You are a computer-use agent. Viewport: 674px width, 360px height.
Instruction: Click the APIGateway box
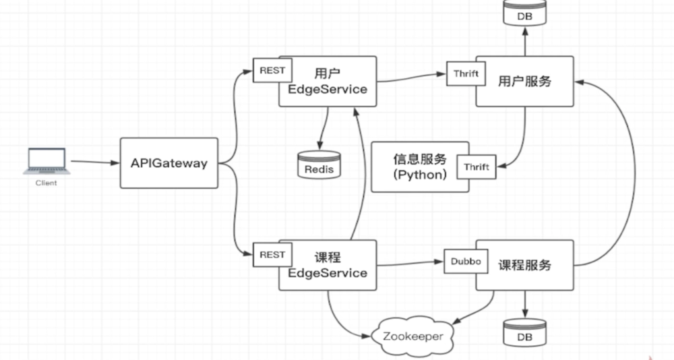tap(169, 163)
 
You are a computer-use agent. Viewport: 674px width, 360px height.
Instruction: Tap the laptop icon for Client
tap(47, 162)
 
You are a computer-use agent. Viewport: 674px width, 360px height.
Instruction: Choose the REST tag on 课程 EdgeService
tap(272, 255)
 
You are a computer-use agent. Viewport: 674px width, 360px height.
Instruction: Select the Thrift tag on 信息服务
tap(476, 166)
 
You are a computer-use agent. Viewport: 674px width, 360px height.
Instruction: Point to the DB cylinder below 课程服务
tap(525, 332)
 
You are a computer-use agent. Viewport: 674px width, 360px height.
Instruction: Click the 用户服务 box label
tap(525, 81)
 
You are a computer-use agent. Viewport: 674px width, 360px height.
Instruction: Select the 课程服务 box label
tap(525, 265)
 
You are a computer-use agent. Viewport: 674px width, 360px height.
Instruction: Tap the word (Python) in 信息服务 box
tap(419, 175)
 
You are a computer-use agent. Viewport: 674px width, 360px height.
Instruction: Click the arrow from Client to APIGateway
tap(94, 162)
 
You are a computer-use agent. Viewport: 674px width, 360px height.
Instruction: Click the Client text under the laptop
tap(46, 183)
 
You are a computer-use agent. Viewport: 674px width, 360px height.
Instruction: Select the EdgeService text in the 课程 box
tap(328, 272)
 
